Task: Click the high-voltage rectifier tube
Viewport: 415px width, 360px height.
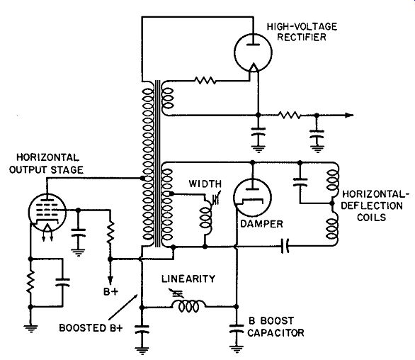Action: pos(253,52)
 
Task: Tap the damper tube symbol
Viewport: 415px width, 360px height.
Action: pos(253,197)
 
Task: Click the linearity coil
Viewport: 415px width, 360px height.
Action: pos(188,306)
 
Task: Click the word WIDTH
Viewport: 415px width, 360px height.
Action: pos(205,184)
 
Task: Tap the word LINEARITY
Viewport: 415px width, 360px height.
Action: pos(188,279)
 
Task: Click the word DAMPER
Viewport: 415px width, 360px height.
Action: pos(261,224)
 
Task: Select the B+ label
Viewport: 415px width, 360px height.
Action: pos(111,292)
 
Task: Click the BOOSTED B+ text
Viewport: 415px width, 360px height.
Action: pos(91,328)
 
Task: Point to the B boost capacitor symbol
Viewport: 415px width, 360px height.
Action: pos(237,329)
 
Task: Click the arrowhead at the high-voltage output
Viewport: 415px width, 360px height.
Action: pos(349,116)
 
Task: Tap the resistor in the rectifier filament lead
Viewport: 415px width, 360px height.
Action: pos(205,80)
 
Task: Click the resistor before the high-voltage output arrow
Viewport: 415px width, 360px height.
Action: pos(289,115)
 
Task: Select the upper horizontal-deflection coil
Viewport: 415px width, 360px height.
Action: pos(332,180)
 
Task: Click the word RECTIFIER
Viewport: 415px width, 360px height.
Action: pos(302,38)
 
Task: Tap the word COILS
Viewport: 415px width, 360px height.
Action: pos(372,218)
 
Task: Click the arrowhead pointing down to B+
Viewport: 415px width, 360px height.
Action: pos(110,280)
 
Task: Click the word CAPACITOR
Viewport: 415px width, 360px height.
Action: pos(275,332)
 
